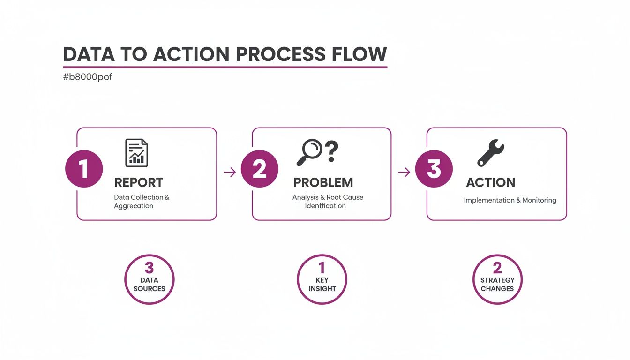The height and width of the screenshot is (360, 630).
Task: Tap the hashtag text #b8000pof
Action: click(87, 77)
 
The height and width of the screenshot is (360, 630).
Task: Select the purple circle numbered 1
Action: click(84, 169)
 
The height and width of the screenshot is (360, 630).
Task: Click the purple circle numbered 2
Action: click(259, 169)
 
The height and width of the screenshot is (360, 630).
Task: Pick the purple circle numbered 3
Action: click(434, 169)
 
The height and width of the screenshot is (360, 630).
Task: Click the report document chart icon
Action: click(136, 153)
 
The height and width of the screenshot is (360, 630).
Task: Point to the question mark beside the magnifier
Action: click(331, 150)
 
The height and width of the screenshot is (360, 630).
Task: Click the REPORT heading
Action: click(139, 182)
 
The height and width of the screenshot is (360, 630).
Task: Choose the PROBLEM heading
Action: click(323, 182)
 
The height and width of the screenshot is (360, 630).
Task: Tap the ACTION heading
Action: click(490, 182)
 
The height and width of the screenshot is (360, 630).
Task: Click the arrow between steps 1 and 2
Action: click(230, 172)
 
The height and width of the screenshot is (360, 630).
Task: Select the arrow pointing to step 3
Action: click(404, 172)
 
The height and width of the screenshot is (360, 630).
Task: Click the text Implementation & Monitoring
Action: click(510, 200)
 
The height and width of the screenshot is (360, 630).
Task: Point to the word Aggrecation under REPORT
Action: click(134, 206)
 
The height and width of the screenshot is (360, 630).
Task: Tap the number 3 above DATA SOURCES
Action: click(149, 268)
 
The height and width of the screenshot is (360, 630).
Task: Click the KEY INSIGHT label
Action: click(322, 284)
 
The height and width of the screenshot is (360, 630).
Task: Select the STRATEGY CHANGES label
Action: click(497, 284)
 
